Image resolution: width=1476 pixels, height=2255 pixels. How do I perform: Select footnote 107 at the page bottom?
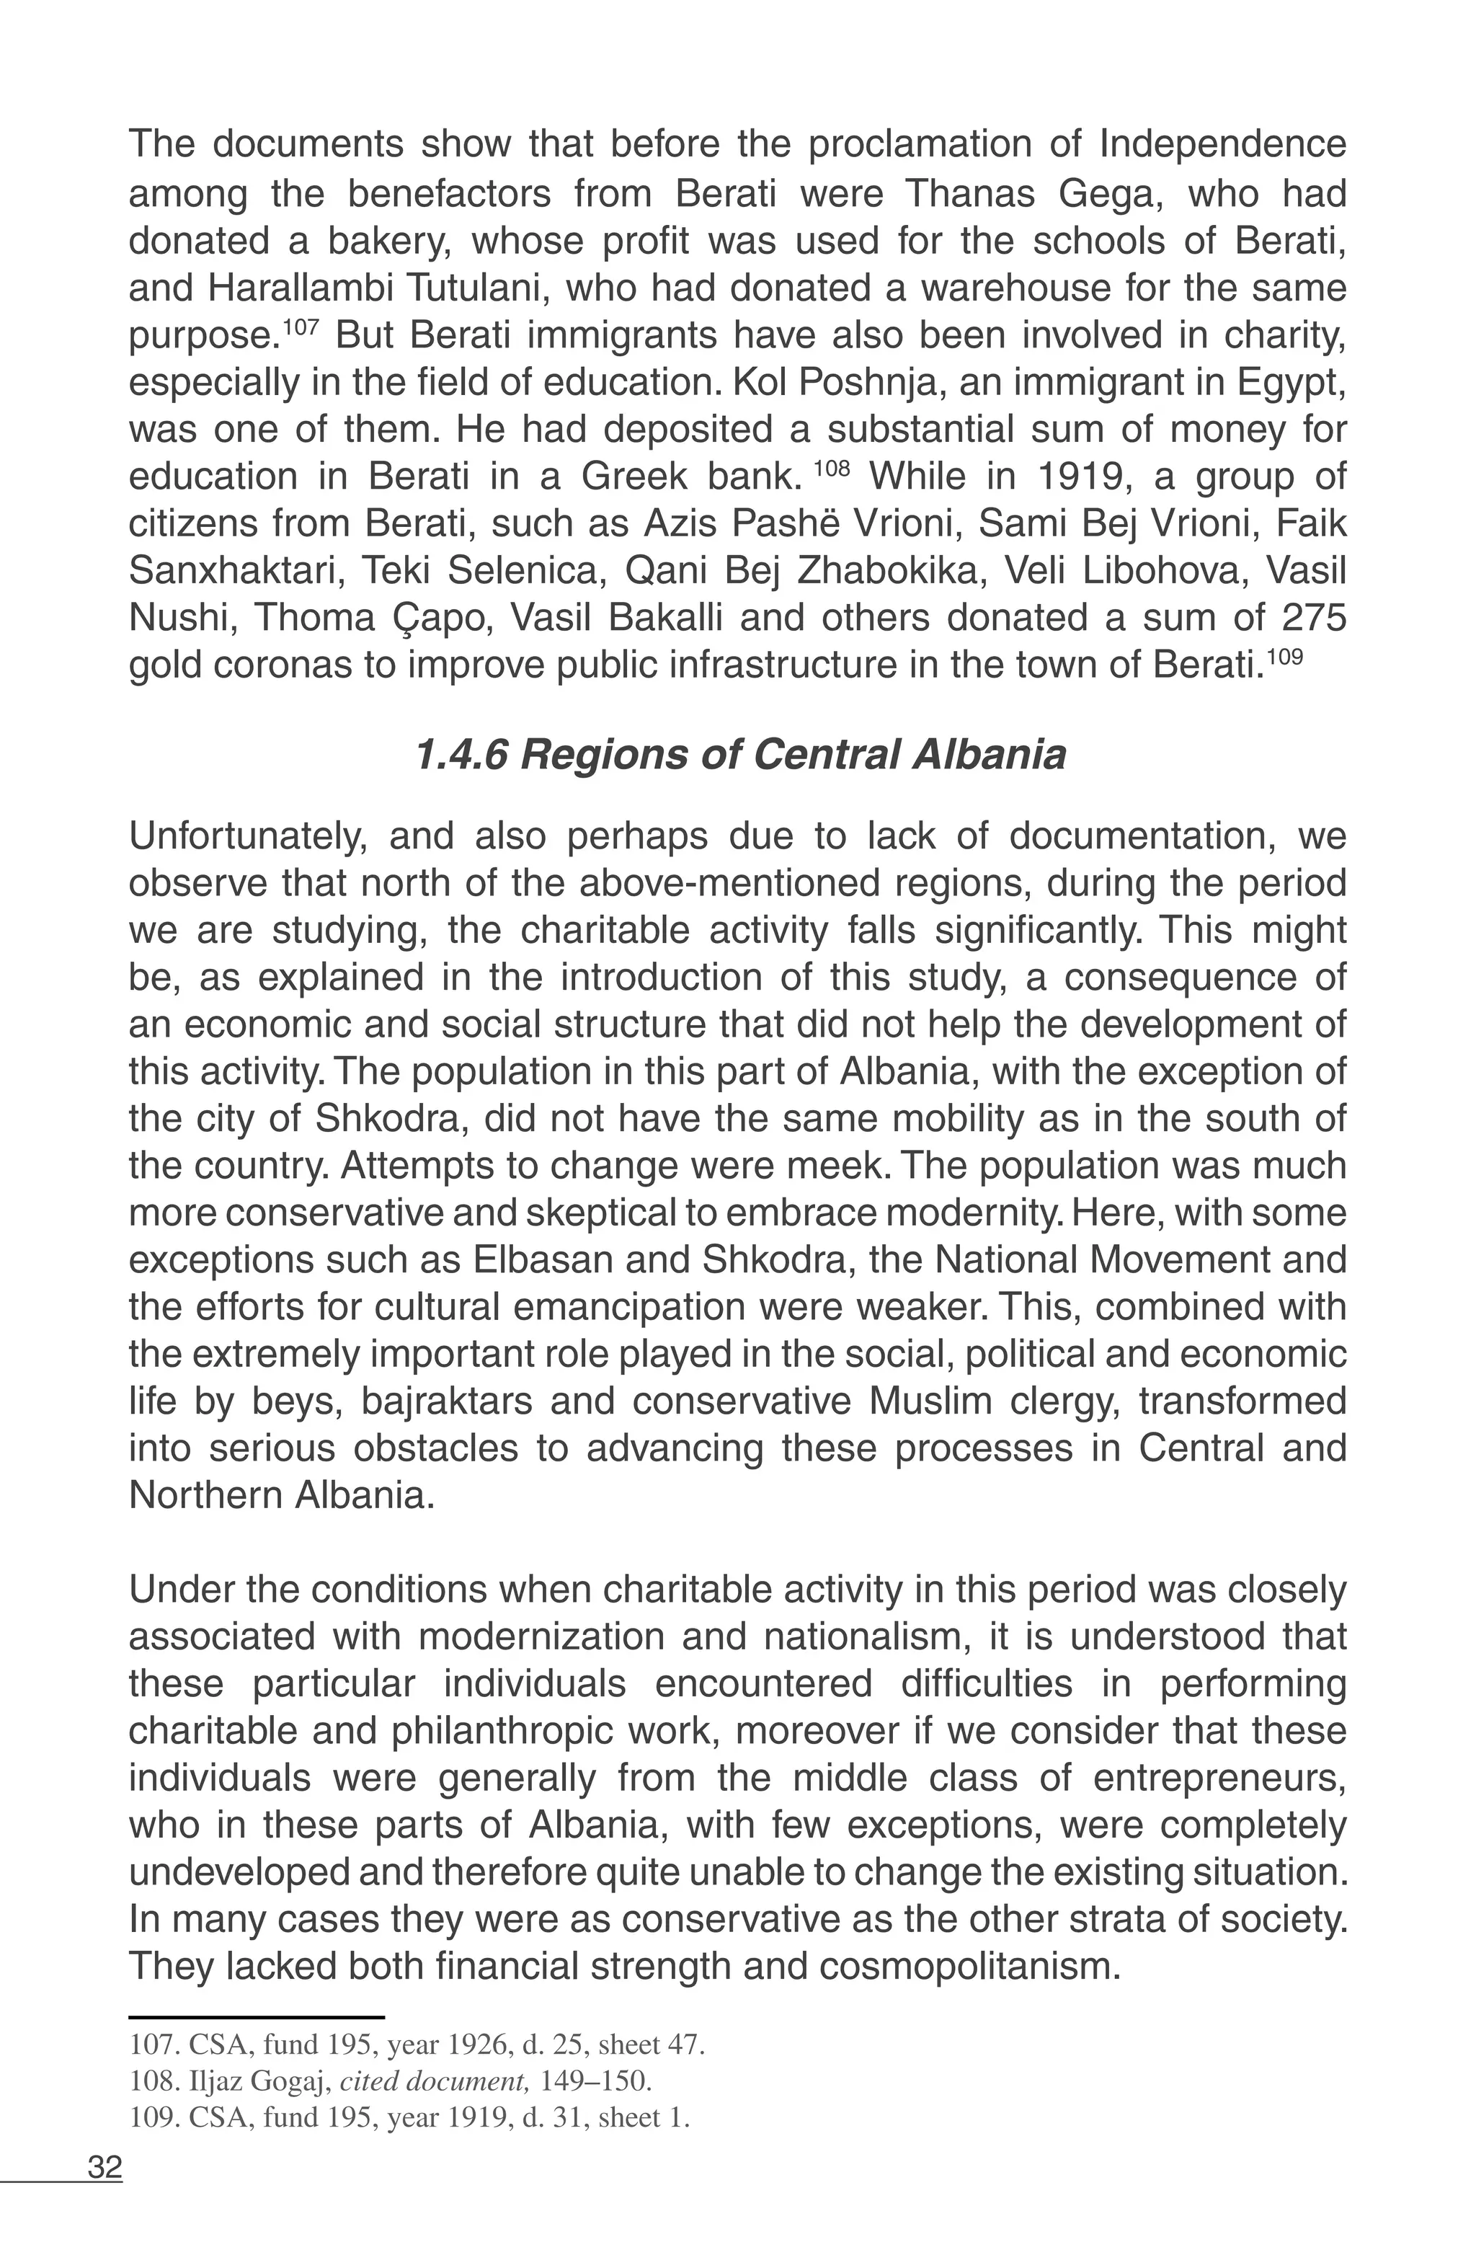[x=417, y=2044]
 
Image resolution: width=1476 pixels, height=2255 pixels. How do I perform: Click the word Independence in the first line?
[x=1222, y=145]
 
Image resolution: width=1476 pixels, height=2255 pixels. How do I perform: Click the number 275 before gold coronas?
[x=1314, y=618]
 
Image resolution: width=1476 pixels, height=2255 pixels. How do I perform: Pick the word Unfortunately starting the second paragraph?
[x=245, y=837]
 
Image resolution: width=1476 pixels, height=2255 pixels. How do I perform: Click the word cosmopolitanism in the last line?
[x=970, y=1967]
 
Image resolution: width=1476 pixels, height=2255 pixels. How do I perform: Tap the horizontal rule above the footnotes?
[x=256, y=2017]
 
